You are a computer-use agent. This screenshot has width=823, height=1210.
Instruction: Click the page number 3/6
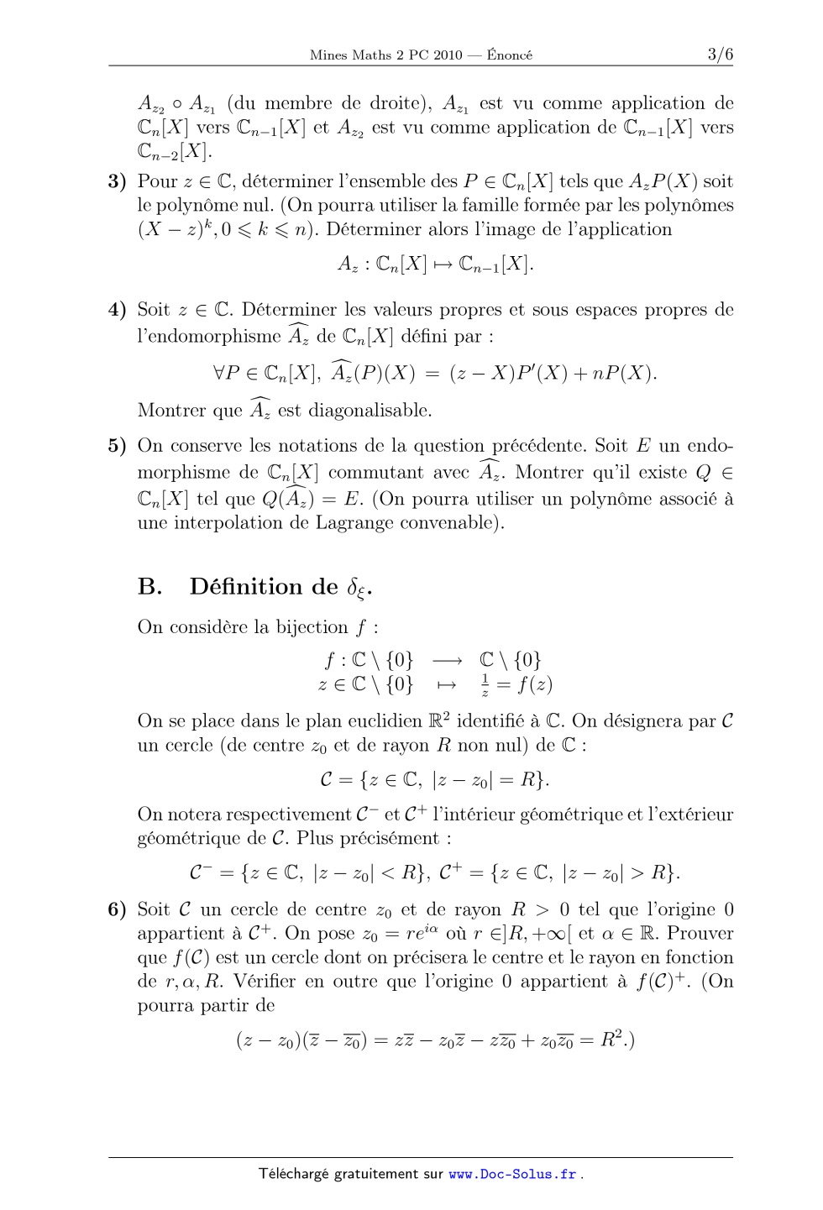[719, 55]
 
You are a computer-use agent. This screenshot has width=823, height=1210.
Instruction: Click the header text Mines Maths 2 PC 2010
[385, 55]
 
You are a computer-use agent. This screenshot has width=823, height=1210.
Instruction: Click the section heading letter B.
[149, 586]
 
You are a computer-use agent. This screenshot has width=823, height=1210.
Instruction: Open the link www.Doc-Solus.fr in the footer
[512, 1174]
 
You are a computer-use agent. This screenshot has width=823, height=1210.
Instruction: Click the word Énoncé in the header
[509, 55]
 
